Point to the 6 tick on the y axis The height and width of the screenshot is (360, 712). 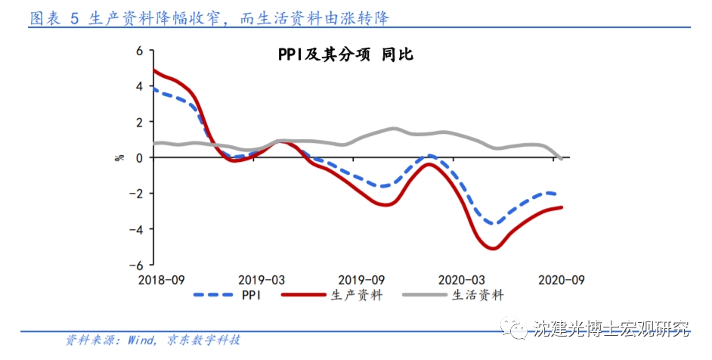point(139,51)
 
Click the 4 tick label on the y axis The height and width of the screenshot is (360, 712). point(139,86)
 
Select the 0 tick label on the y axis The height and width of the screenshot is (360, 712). point(139,157)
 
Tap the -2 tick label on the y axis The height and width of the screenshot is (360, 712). point(137,194)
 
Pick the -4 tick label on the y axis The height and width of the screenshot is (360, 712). point(137,229)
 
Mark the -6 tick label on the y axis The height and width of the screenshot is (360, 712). point(137,265)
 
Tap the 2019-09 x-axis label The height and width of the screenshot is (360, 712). point(361,280)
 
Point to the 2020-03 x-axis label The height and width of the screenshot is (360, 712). point(462,280)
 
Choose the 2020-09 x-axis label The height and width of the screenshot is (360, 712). point(561,280)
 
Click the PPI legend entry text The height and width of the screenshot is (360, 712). point(252,296)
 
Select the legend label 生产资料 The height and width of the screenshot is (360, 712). point(357,296)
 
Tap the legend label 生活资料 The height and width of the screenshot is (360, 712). point(478,296)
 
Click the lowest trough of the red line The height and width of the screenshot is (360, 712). point(492,248)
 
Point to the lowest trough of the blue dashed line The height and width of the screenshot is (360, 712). point(492,223)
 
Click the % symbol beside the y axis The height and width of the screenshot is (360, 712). point(119,157)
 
